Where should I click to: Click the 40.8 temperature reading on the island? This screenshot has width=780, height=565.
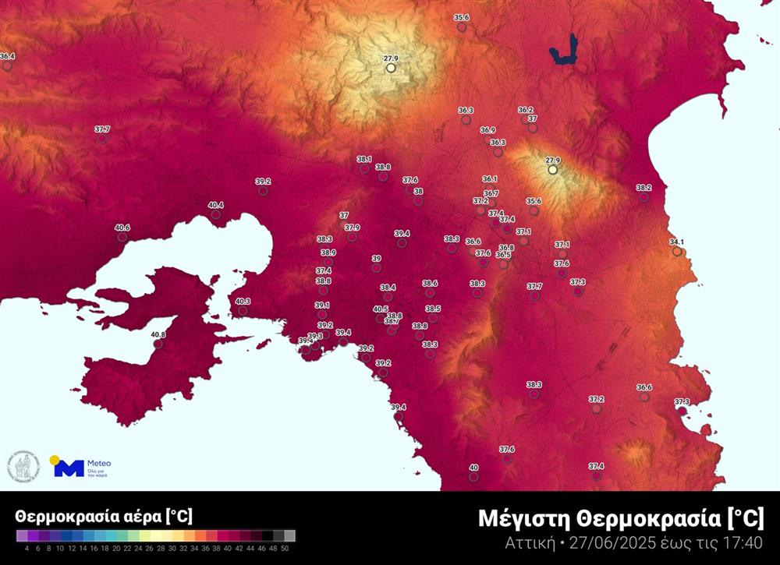pyautogui.click(x=158, y=335)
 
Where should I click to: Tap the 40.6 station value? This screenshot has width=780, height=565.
pyautogui.click(x=122, y=228)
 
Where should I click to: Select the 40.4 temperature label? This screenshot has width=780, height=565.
pyautogui.click(x=215, y=205)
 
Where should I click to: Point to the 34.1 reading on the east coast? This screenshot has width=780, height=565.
pyautogui.click(x=676, y=242)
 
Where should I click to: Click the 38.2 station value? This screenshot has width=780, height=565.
pyautogui.click(x=643, y=188)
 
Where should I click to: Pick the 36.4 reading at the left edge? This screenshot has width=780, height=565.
pyautogui.click(x=7, y=57)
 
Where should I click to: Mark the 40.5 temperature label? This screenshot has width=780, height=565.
pyautogui.click(x=381, y=309)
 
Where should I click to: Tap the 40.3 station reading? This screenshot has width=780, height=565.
pyautogui.click(x=243, y=302)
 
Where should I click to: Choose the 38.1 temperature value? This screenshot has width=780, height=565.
pyautogui.click(x=364, y=159)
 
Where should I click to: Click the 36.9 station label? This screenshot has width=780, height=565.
pyautogui.click(x=488, y=130)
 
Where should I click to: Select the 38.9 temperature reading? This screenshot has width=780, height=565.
pyautogui.click(x=328, y=252)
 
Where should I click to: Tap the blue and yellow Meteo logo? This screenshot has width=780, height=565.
pyautogui.click(x=69, y=467)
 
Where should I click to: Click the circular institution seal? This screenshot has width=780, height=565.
pyautogui.click(x=23, y=466)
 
